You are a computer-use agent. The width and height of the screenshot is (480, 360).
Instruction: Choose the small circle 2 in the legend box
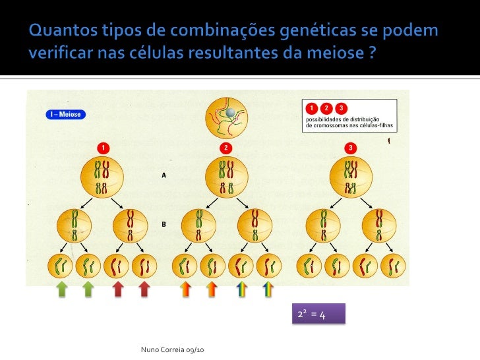point(325,107)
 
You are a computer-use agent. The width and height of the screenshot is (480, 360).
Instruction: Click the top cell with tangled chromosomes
point(226,115)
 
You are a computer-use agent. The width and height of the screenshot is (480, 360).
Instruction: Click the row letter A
point(164,175)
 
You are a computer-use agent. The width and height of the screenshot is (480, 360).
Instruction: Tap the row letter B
point(164,224)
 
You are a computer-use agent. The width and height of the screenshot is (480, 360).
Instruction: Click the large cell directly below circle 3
point(351,175)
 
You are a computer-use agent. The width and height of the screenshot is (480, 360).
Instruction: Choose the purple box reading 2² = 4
point(319,315)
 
